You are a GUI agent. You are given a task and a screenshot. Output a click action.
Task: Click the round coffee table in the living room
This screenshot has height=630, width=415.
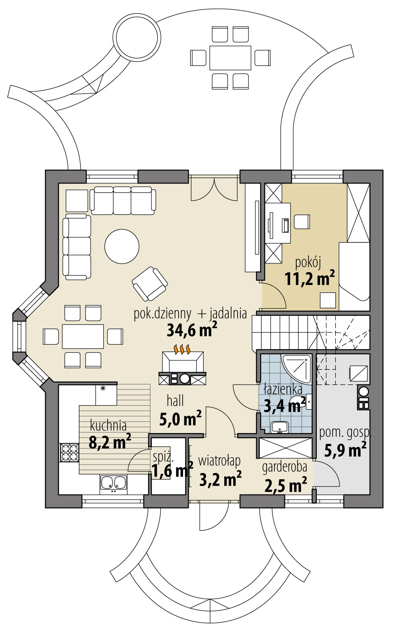click(122, 246)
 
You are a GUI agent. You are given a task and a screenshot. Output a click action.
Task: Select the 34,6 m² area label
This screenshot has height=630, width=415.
click(192, 330)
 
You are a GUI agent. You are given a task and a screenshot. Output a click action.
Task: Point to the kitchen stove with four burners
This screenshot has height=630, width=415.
click(69, 452)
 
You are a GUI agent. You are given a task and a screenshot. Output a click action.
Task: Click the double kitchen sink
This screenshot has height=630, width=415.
click(114, 483)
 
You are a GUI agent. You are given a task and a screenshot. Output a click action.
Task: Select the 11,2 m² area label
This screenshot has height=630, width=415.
click(310, 279)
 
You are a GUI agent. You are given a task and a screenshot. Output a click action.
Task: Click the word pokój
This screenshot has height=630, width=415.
click(308, 263)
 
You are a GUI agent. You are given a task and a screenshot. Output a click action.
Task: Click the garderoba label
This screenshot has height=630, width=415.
click(284, 467)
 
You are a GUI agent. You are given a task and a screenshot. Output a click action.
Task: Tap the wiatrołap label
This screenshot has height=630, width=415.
click(219, 461)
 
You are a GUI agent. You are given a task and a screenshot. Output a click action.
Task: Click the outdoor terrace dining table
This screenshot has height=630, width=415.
click(230, 58)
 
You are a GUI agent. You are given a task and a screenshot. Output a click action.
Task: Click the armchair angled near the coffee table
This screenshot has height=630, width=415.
click(150, 283)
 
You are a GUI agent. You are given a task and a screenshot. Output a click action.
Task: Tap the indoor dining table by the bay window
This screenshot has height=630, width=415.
click(83, 336)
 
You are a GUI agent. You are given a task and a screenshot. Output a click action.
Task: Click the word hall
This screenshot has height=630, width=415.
click(175, 401)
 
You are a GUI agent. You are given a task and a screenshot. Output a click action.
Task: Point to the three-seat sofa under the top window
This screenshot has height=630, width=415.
click(122, 200)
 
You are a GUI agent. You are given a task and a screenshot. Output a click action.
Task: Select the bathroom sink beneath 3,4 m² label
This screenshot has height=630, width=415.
click(279, 426)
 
